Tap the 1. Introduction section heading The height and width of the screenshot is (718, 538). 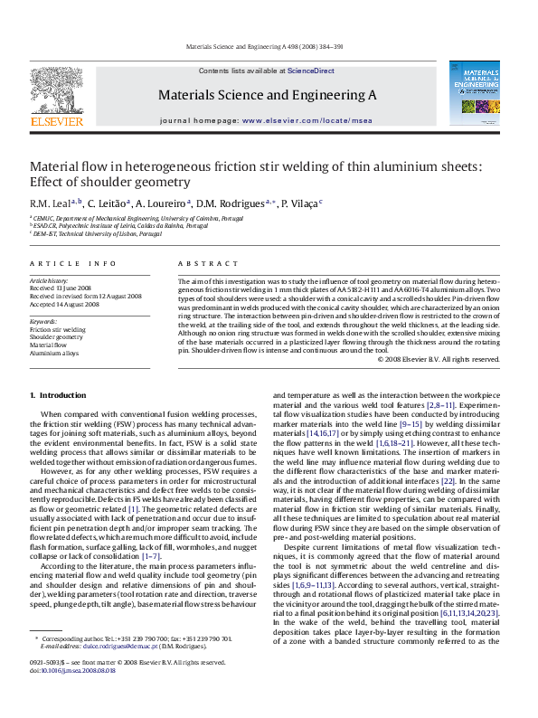point(58,395)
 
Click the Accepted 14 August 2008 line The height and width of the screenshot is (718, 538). point(64,305)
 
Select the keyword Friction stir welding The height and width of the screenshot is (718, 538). point(58,330)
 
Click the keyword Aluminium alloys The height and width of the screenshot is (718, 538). point(53,353)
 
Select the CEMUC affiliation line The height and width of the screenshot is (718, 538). point(136,219)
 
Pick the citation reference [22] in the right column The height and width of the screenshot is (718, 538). point(448,480)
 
